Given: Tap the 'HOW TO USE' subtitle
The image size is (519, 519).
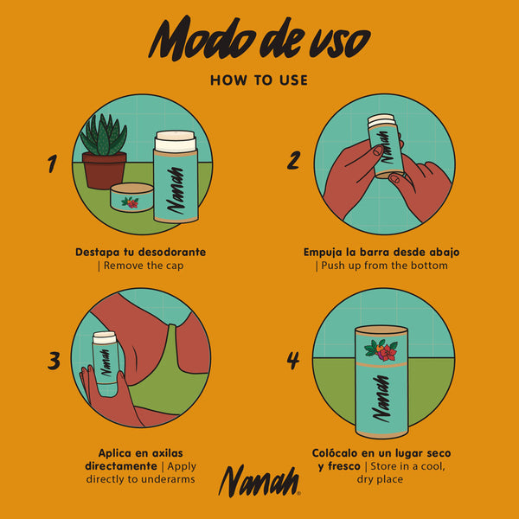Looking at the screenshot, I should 259,80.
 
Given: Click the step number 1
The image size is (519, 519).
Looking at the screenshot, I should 53,163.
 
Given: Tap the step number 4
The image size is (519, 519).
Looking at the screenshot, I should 293,360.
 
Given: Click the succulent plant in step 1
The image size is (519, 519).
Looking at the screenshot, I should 104,134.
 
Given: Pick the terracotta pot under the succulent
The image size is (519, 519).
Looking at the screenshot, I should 105,170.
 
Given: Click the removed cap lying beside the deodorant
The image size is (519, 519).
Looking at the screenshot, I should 131,201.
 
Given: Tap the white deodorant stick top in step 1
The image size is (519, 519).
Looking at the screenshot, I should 175,142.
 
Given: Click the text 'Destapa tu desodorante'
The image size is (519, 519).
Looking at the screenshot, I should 141,253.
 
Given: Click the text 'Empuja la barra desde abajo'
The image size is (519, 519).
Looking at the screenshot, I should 381,253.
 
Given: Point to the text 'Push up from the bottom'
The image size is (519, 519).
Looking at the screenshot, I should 381,266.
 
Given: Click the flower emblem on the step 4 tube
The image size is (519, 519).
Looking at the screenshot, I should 381,350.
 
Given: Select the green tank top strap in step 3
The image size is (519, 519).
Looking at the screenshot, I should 177,346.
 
